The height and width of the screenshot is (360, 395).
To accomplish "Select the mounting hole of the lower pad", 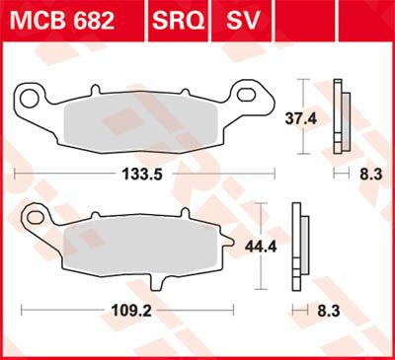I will [x=34, y=215].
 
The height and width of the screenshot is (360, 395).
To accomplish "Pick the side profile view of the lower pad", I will [x=297, y=247].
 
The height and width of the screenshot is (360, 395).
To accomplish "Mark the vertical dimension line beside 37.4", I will [x=302, y=118].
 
